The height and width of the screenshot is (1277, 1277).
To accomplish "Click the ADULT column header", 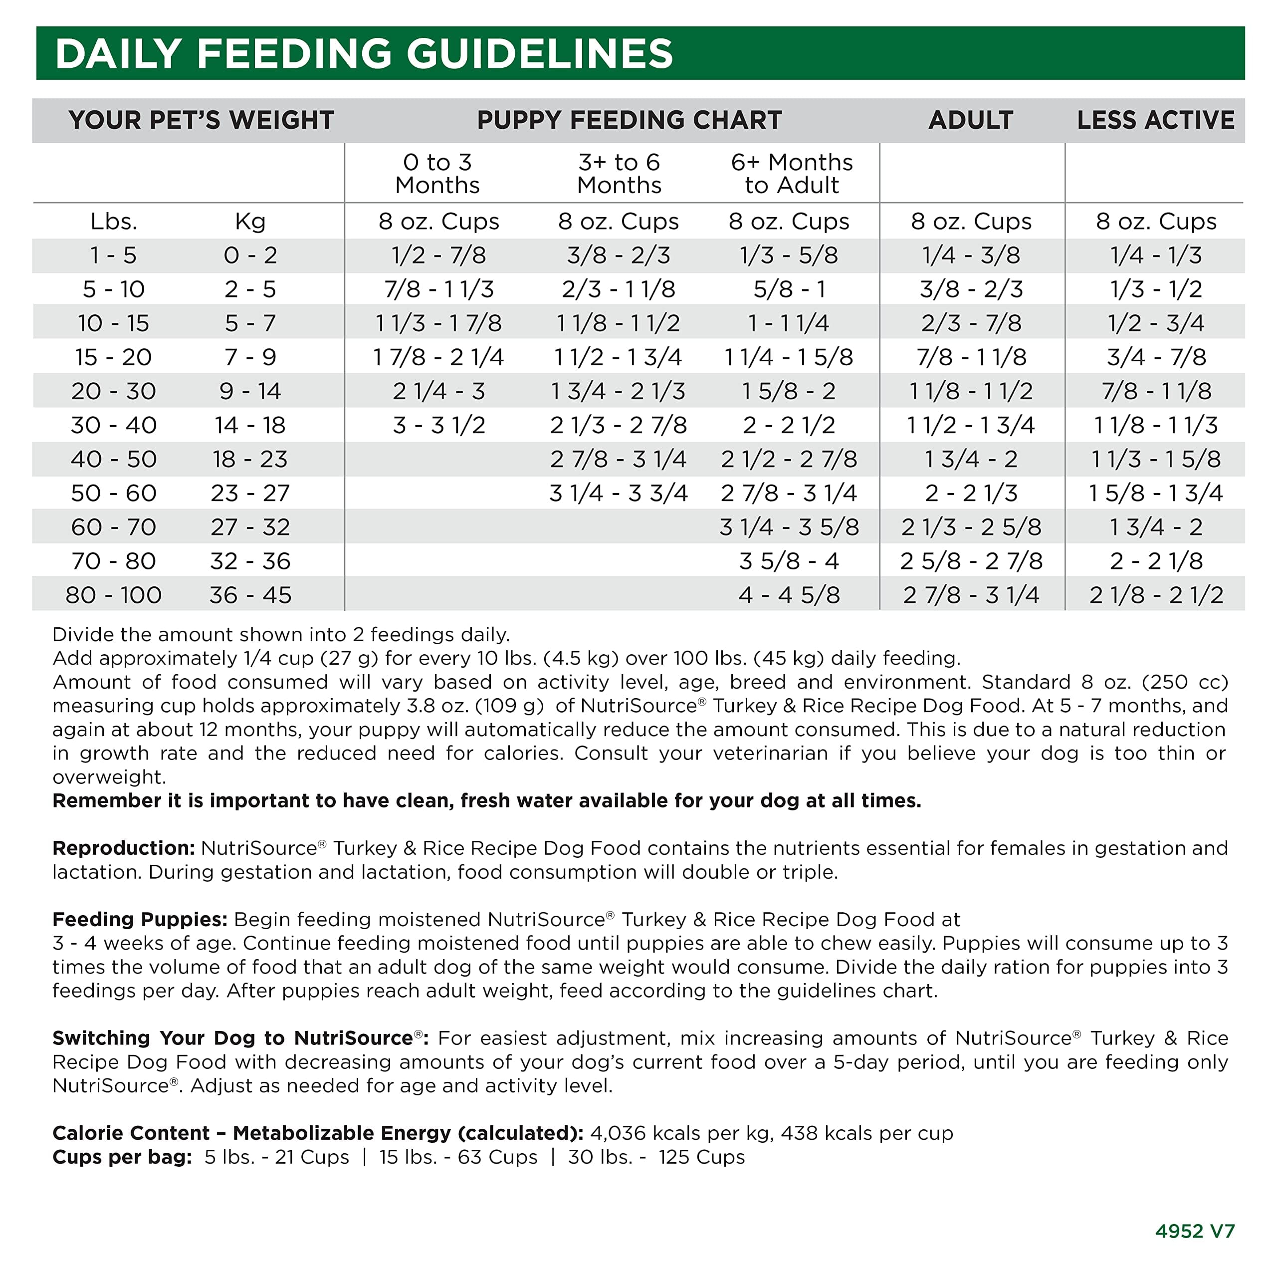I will (x=970, y=120).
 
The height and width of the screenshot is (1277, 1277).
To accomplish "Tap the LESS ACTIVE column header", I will (x=1155, y=120).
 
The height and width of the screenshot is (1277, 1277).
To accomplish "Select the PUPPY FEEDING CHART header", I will (x=629, y=120).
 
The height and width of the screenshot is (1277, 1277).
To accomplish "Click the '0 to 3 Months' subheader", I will (x=437, y=173).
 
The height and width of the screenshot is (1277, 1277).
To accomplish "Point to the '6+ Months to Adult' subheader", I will (x=791, y=173).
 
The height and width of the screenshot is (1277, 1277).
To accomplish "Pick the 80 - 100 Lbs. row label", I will (x=114, y=594).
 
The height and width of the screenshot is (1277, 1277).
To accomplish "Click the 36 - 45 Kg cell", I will (x=250, y=594).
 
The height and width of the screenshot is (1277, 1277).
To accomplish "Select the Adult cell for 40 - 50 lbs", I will (x=970, y=459).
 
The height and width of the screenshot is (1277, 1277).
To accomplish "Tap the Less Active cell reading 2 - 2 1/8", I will (x=1155, y=561).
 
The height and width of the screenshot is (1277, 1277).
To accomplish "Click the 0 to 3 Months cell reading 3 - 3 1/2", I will (x=439, y=425).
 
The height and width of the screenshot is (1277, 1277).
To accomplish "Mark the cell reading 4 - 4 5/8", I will (x=789, y=594).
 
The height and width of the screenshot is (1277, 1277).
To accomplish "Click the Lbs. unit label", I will (x=114, y=222).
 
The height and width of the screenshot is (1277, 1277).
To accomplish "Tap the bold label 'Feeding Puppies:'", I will (x=140, y=919).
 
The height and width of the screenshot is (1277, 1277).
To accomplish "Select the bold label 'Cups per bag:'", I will (x=122, y=1157).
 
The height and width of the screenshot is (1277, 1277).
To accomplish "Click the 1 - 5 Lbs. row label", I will (x=114, y=255).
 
